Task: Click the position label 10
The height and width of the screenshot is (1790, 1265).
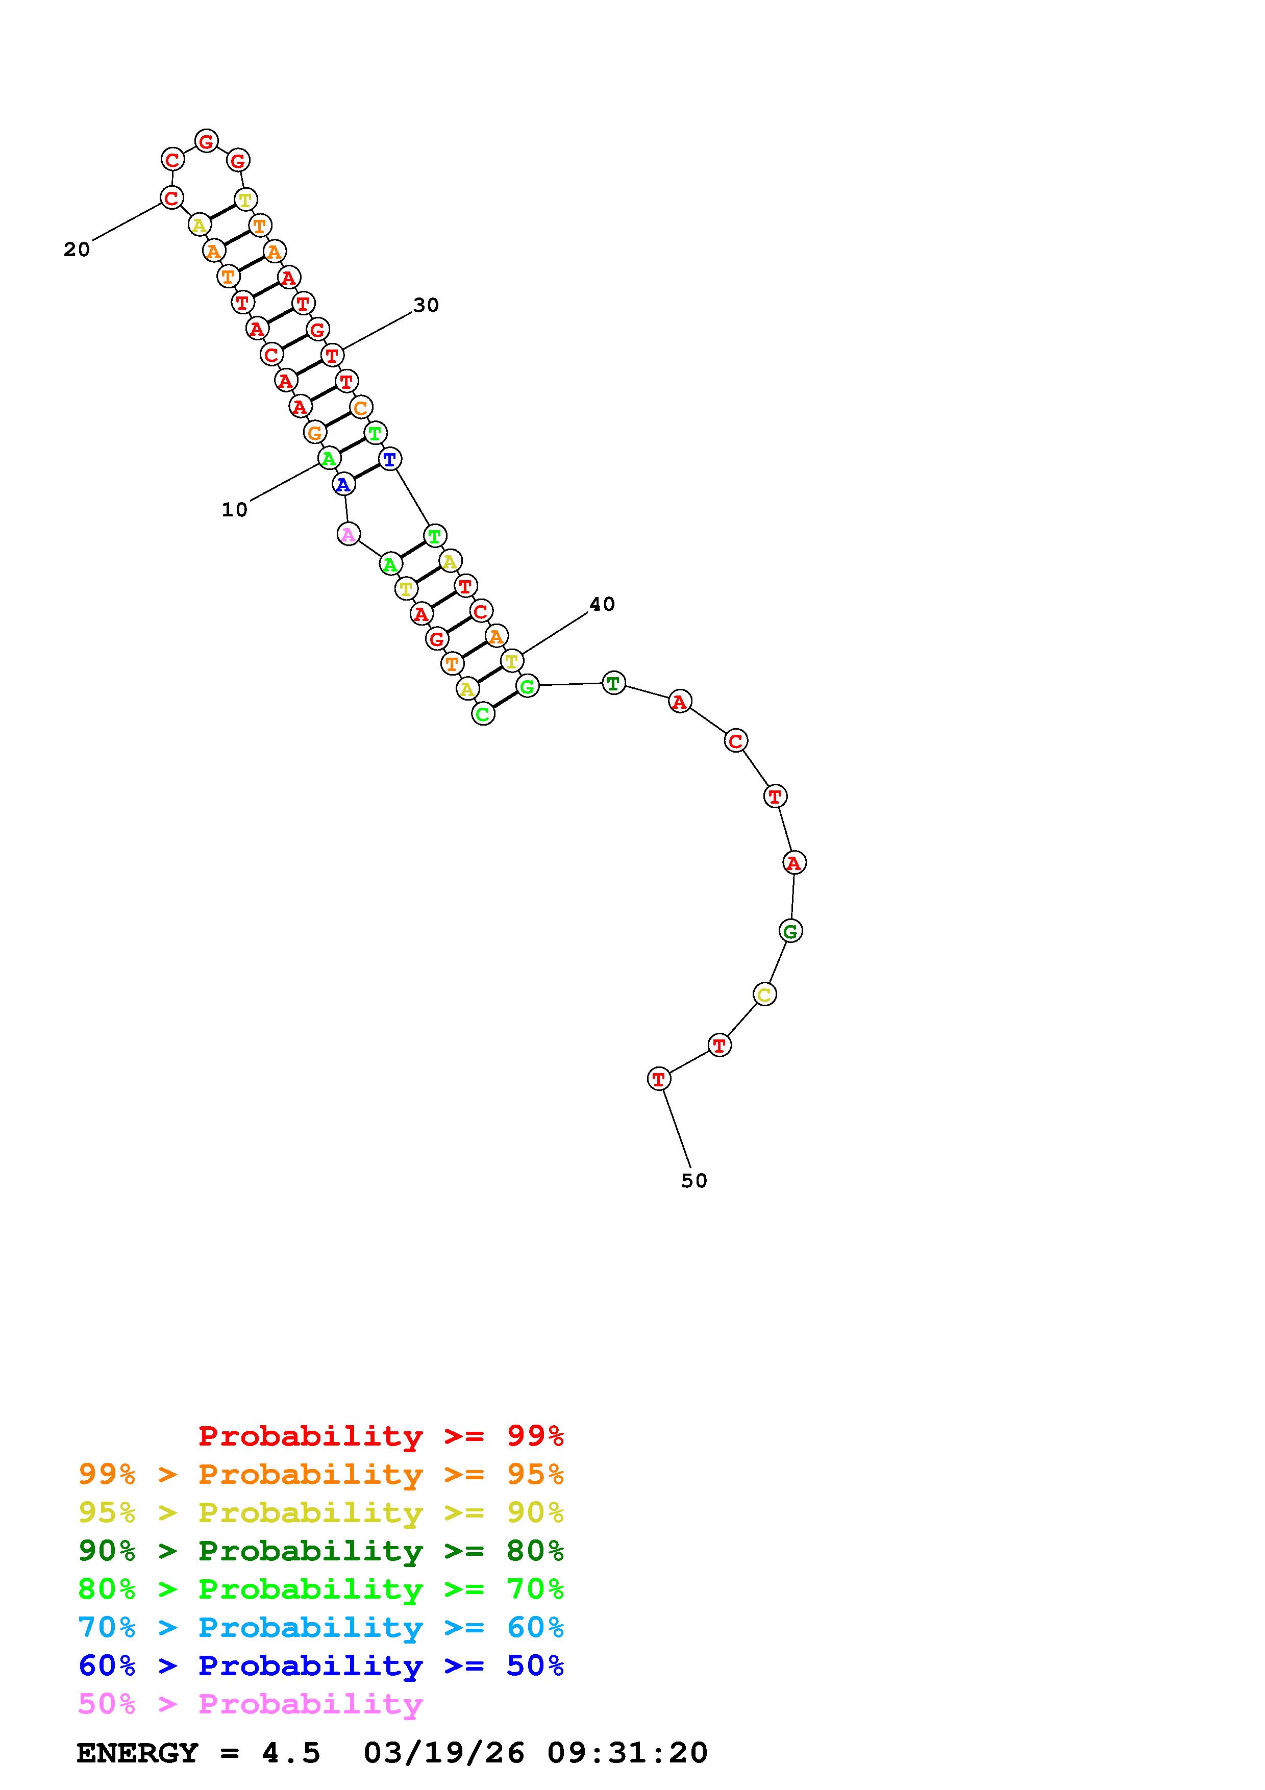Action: coord(235,510)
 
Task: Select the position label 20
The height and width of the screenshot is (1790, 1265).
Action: coord(77,250)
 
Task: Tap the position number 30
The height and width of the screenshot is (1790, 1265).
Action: coord(426,306)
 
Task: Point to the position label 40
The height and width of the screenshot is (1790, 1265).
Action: coord(602,604)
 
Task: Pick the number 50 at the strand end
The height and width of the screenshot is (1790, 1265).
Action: coord(693,1181)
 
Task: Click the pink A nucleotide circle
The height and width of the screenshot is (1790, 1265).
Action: coord(349,535)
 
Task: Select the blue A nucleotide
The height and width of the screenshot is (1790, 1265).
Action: coord(343,485)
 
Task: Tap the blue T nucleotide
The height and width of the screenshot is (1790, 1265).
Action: coord(390,459)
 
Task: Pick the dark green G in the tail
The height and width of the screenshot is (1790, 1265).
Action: coord(790,931)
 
